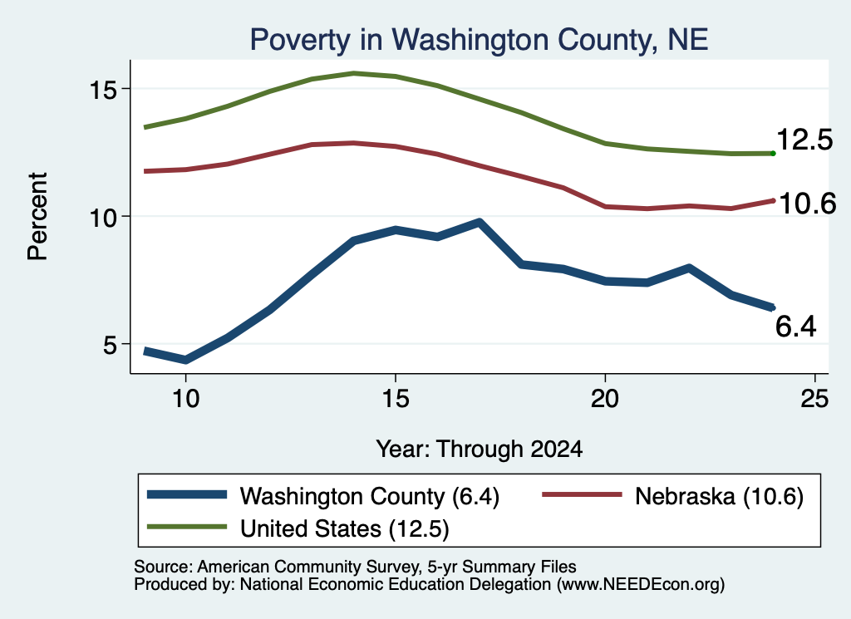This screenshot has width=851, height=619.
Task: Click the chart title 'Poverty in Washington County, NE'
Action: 479,40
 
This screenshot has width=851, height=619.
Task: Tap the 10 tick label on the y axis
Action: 103,218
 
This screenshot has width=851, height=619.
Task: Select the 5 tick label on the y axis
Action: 111,345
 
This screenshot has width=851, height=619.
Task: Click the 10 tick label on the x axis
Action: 185,400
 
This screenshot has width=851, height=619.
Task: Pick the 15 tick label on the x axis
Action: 395,400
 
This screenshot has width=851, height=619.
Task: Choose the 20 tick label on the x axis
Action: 605,400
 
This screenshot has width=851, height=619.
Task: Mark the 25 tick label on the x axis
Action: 814,400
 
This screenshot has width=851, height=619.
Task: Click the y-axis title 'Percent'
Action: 37,217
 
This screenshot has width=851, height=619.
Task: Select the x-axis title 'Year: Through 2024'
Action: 480,450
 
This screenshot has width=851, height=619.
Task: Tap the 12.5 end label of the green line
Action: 804,140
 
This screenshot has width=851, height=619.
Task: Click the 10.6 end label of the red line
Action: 808,204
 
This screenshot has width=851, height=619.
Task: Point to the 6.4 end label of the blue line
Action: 795,327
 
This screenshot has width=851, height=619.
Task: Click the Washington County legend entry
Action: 323,496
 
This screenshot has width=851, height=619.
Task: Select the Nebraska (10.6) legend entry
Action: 673,496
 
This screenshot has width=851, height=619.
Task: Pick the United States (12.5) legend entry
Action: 298,528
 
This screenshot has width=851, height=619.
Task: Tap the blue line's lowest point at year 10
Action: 185,360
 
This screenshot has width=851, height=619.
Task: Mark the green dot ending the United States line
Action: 773,154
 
